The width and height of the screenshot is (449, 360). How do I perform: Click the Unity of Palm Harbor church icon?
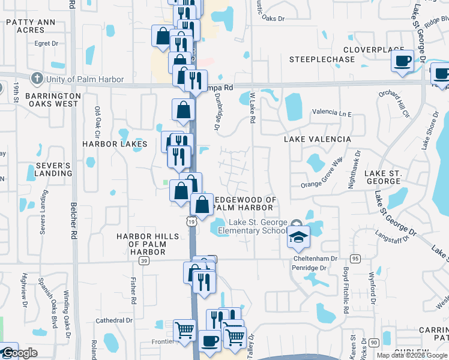(x=37, y=79)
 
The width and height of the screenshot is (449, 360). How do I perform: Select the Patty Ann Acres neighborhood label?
(x=30, y=26)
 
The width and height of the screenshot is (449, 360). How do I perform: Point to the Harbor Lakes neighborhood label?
(x=115, y=144)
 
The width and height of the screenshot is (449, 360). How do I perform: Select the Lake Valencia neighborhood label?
(x=318, y=139)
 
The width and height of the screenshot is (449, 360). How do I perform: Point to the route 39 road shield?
(x=143, y=261)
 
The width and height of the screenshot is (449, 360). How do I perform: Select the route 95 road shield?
(x=355, y=259)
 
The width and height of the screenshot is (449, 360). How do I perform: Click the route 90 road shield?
(x=374, y=342)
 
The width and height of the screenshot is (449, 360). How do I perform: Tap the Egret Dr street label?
(x=46, y=43)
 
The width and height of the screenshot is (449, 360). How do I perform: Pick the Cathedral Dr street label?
(x=114, y=320)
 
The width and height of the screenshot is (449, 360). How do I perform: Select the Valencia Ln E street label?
(x=331, y=113)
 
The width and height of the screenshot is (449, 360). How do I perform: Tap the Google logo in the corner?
(x=20, y=353)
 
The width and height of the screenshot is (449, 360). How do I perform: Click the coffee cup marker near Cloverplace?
(x=402, y=61)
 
